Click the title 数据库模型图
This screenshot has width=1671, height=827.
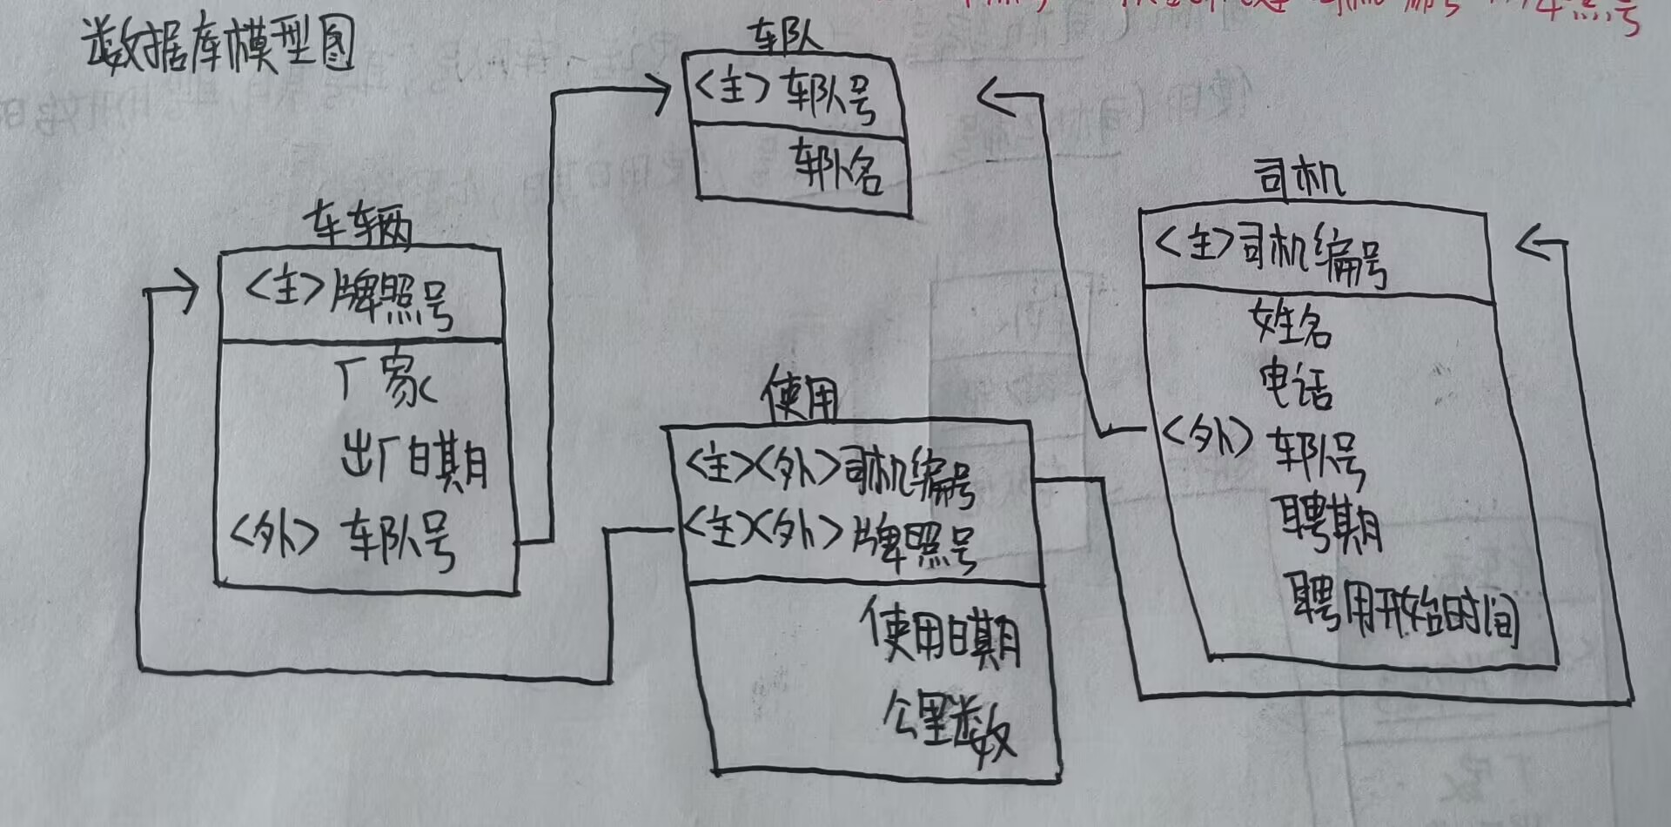219,44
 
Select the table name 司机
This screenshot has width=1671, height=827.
1299,178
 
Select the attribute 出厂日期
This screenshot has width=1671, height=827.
414,461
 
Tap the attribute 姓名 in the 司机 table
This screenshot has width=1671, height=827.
1291,323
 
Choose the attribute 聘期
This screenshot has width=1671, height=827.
1329,523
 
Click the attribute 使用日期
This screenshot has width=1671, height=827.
941,635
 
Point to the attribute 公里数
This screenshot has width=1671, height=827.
949,732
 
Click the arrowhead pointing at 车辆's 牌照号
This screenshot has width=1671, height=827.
183,293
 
